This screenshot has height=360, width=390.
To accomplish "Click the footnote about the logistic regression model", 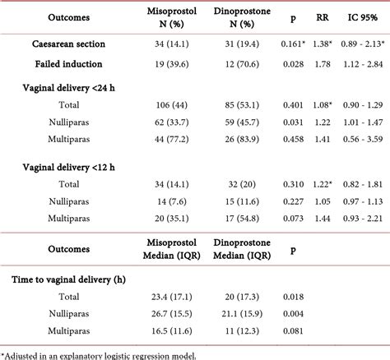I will pos(99,354).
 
